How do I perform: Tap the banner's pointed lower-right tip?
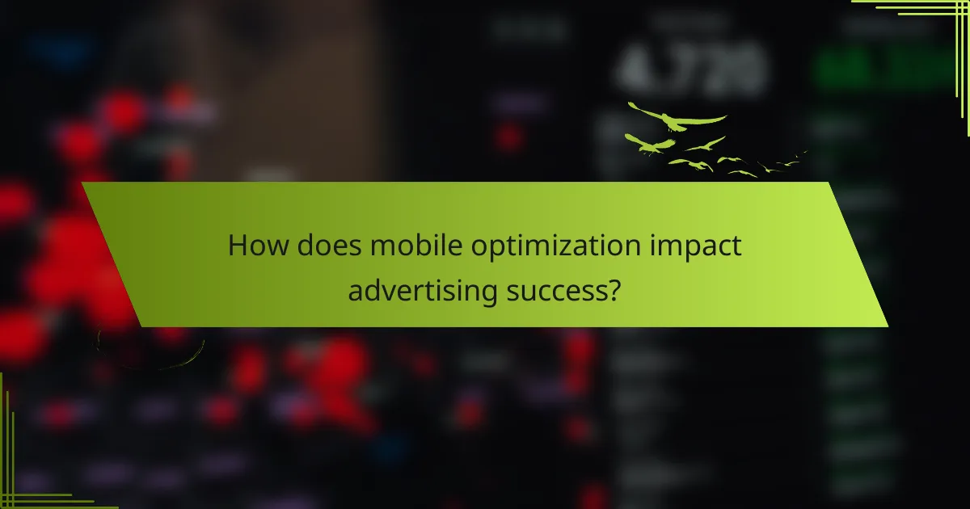[887, 326]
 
